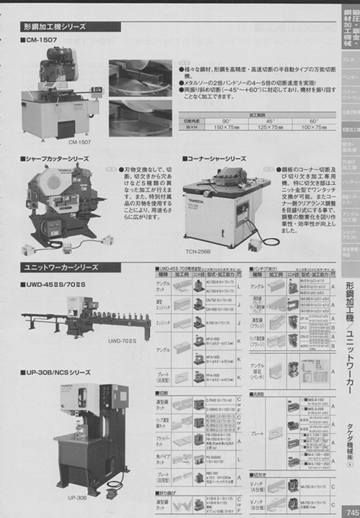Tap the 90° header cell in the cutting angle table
click(x=225, y=121)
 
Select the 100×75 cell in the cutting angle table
click(x=313, y=127)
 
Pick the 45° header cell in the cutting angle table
click(x=269, y=121)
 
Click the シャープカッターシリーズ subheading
click(x=58, y=158)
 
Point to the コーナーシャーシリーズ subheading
click(x=217, y=158)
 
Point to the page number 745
click(x=349, y=511)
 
